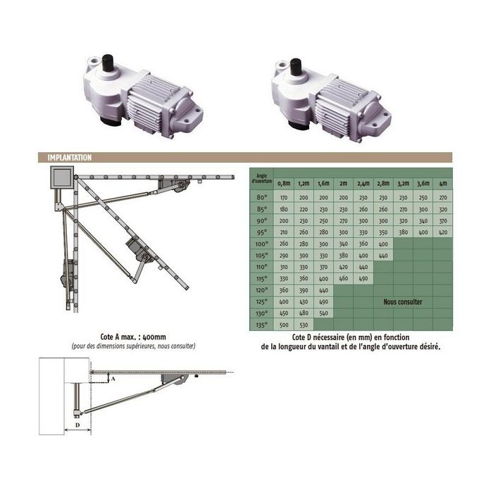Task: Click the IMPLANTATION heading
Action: point(69,158)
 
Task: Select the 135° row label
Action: point(263,325)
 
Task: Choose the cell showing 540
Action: point(324,313)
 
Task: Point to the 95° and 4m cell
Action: point(442,232)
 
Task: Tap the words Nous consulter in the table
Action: point(403,301)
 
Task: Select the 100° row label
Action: point(263,243)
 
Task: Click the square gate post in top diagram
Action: point(60,179)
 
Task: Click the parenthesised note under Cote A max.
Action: point(133,347)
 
